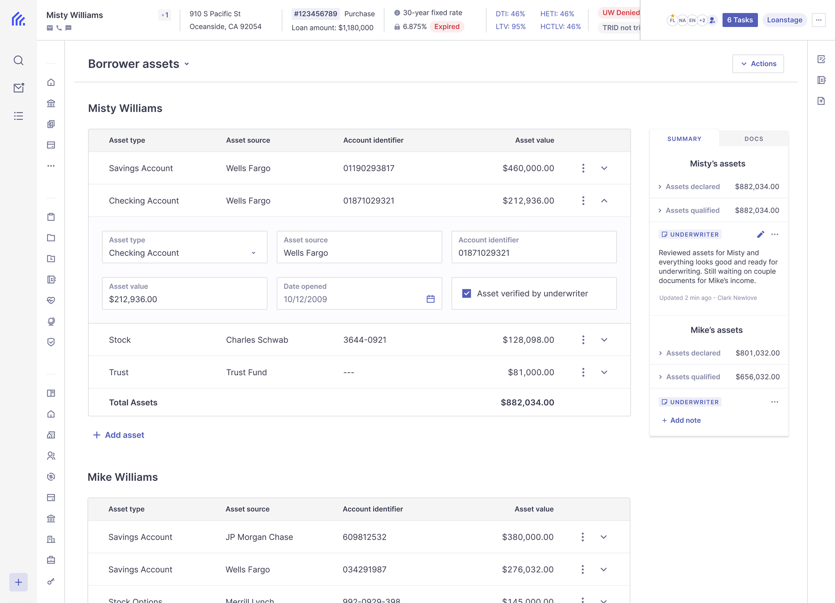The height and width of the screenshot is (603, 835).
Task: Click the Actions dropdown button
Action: click(758, 64)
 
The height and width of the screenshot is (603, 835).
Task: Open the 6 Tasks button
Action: click(740, 20)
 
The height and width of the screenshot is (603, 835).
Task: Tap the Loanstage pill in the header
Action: click(784, 20)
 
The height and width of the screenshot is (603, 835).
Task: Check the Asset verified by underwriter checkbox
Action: click(467, 293)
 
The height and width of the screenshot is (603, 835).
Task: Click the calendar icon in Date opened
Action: click(430, 299)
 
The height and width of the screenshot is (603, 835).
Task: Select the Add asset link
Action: click(119, 435)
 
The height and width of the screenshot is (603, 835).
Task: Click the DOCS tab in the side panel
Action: click(753, 139)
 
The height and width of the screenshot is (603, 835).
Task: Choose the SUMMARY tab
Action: click(684, 139)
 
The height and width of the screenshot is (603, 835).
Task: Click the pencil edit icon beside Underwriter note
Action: click(760, 234)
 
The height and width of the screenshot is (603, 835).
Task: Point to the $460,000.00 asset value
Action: click(528, 168)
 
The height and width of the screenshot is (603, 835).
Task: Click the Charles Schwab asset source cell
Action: click(257, 340)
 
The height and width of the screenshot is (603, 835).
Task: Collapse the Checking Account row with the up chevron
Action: click(604, 201)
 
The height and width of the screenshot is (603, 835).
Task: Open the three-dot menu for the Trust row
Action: click(583, 372)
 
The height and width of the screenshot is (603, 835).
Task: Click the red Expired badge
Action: click(446, 27)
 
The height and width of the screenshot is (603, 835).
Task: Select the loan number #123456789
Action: click(315, 14)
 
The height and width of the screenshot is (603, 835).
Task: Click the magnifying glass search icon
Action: click(19, 60)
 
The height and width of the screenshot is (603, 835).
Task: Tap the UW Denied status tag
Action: click(620, 13)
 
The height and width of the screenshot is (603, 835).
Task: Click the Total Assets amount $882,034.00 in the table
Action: click(527, 402)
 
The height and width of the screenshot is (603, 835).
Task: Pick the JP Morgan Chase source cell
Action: click(259, 537)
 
